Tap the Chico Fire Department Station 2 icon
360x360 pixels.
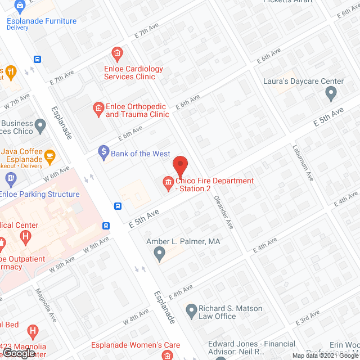pos(168,182)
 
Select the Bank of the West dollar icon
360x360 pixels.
pos(103,151)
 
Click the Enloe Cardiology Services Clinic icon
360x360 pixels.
pos(117,55)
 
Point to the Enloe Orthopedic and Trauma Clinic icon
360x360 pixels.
pos(98,107)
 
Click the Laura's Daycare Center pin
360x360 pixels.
pos(331,94)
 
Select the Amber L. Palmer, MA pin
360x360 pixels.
pos(160,254)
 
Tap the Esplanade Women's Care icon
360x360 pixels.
pos(167,354)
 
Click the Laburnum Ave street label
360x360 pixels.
pos(303,163)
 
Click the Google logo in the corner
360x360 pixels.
pos(18,353)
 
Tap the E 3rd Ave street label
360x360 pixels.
pos(309,317)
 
